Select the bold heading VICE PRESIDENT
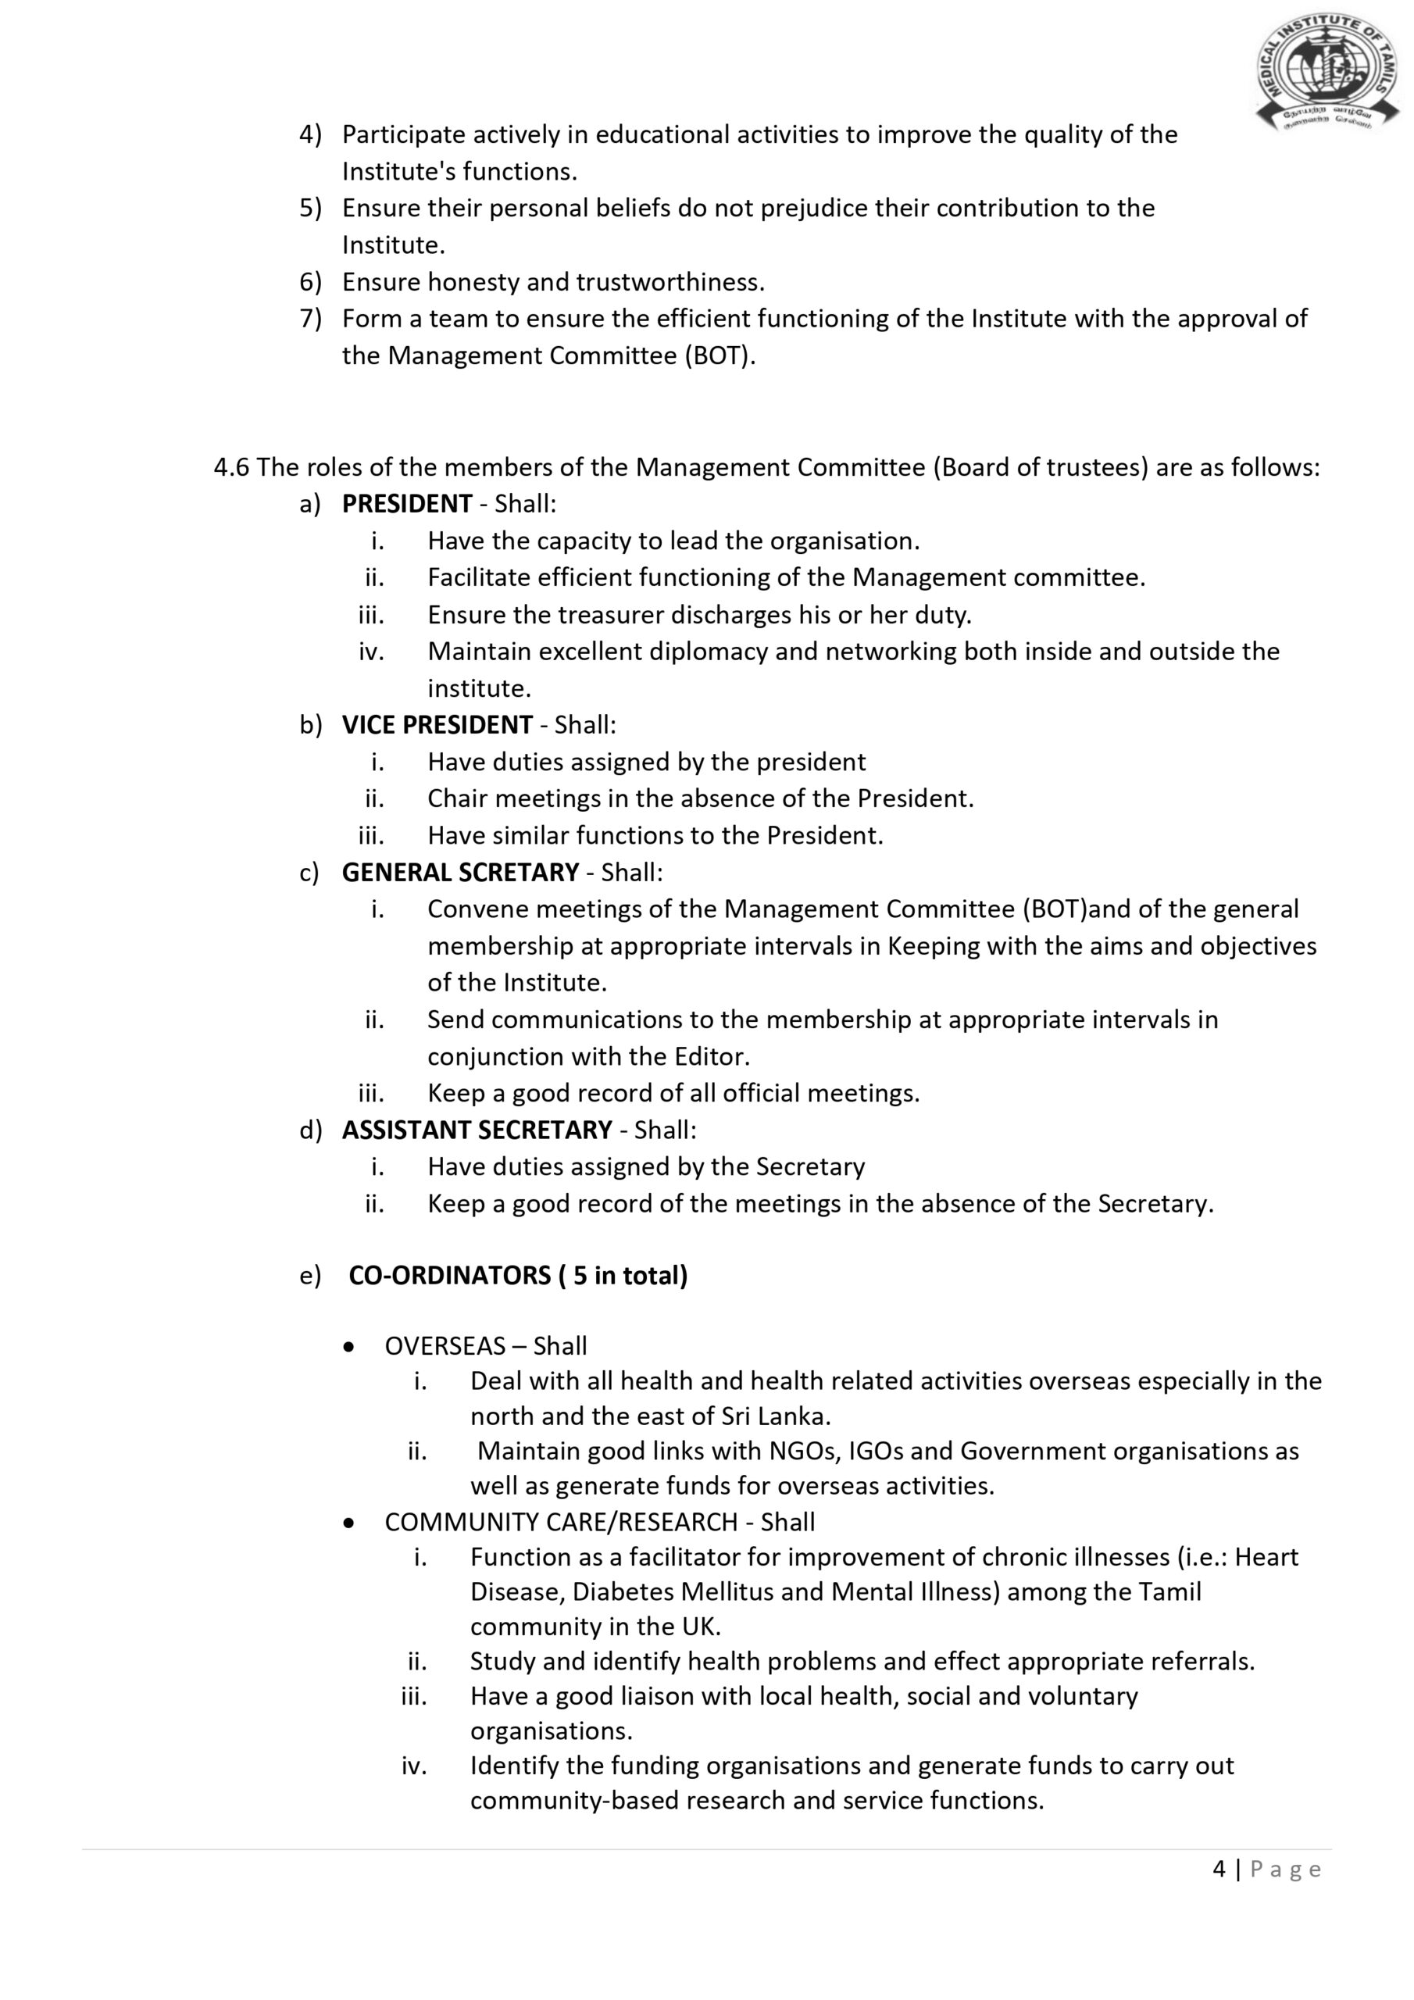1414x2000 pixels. click(x=437, y=725)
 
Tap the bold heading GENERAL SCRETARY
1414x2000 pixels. click(x=460, y=872)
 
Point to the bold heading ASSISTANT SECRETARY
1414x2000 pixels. click(x=477, y=1130)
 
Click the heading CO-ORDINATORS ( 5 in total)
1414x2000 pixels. click(x=517, y=1275)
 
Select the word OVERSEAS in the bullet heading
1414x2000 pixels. click(x=445, y=1346)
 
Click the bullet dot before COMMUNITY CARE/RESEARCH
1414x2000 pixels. click(x=349, y=1523)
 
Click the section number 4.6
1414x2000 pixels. click(x=231, y=468)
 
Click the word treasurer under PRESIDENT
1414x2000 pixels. click(x=612, y=615)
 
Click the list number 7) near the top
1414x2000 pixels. click(x=310, y=319)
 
